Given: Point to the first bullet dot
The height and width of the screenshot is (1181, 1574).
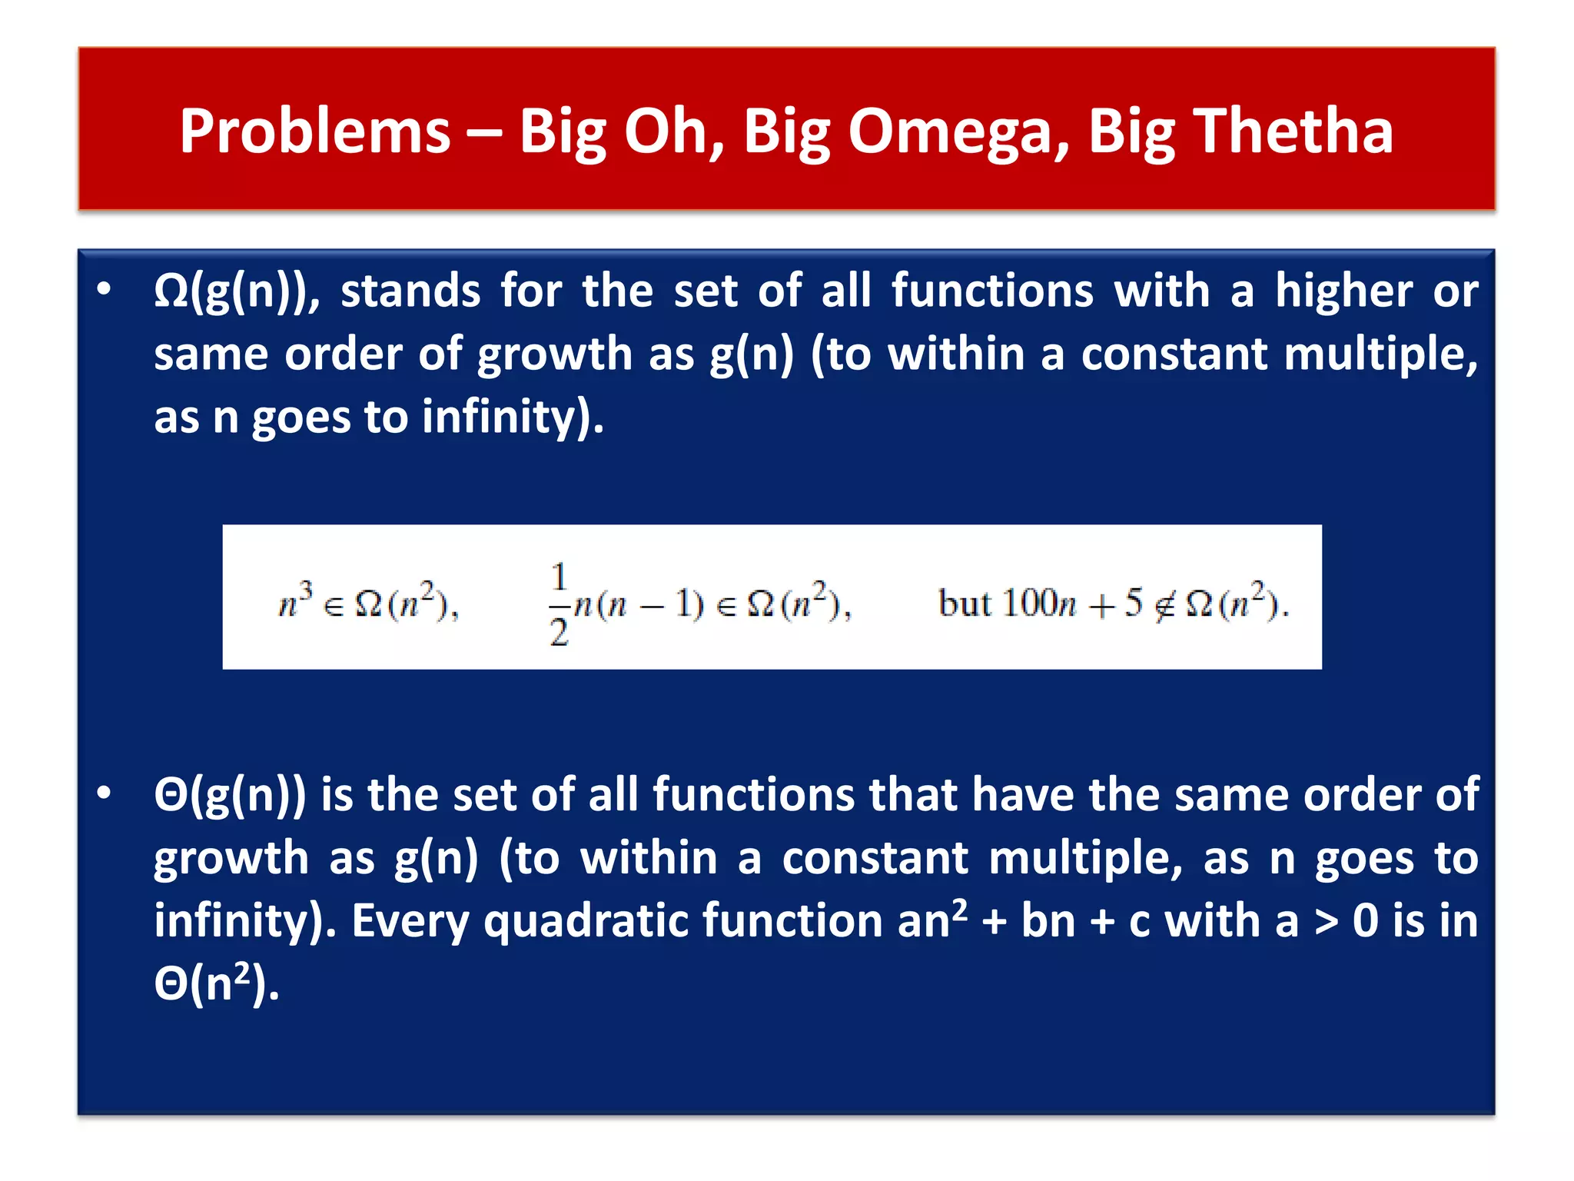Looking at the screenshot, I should point(105,289).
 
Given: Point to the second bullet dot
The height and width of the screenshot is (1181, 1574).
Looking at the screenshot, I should point(105,793).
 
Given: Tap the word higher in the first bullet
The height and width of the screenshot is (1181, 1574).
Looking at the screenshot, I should point(1343,292).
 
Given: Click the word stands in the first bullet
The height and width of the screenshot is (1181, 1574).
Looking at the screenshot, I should point(411,292).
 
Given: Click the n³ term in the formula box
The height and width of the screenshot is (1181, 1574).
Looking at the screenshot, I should point(295,601).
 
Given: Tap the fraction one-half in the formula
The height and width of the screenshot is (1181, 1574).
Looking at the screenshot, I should point(559,604).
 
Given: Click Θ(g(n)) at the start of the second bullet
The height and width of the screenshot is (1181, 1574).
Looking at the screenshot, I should point(230,795).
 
